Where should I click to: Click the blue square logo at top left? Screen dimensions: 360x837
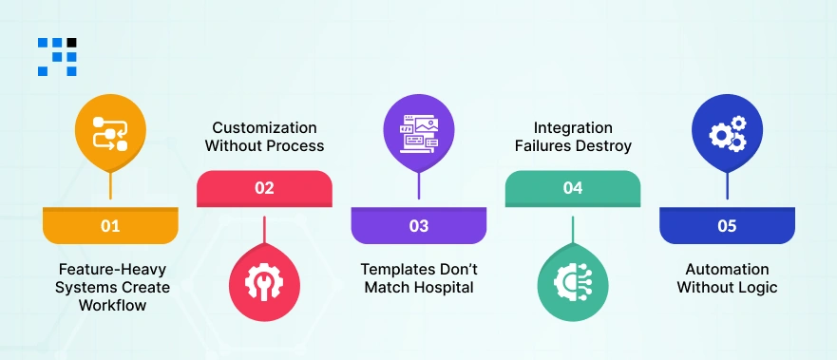(x=57, y=56)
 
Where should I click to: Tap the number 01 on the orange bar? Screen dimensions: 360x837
(x=110, y=226)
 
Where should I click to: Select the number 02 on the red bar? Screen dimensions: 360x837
(x=264, y=188)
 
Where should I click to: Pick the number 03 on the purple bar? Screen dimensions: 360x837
(x=418, y=226)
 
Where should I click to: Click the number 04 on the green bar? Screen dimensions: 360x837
(x=572, y=188)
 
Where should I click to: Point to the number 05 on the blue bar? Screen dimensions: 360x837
(x=727, y=226)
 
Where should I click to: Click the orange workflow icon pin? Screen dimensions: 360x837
(x=110, y=134)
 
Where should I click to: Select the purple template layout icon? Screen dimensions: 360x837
(x=418, y=134)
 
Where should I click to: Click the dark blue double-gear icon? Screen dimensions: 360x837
(x=727, y=134)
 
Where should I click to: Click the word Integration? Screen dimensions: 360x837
(x=572, y=127)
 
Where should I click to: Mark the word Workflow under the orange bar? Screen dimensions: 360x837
(x=110, y=305)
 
